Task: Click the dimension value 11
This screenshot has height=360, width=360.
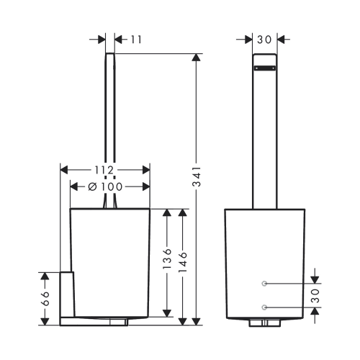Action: point(136,40)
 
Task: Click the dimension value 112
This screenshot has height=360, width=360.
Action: point(104,170)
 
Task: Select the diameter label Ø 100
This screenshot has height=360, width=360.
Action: point(105,186)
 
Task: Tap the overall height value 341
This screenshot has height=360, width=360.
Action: point(197,176)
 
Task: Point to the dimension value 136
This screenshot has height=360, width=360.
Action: point(167,258)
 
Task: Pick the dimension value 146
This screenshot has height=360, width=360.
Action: point(183,262)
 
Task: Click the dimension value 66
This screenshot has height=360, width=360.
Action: point(45,299)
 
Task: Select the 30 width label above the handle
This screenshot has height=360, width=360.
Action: point(264,40)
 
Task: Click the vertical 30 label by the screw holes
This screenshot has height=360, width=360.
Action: point(315,295)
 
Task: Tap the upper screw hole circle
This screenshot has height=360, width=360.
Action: point(264,284)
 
